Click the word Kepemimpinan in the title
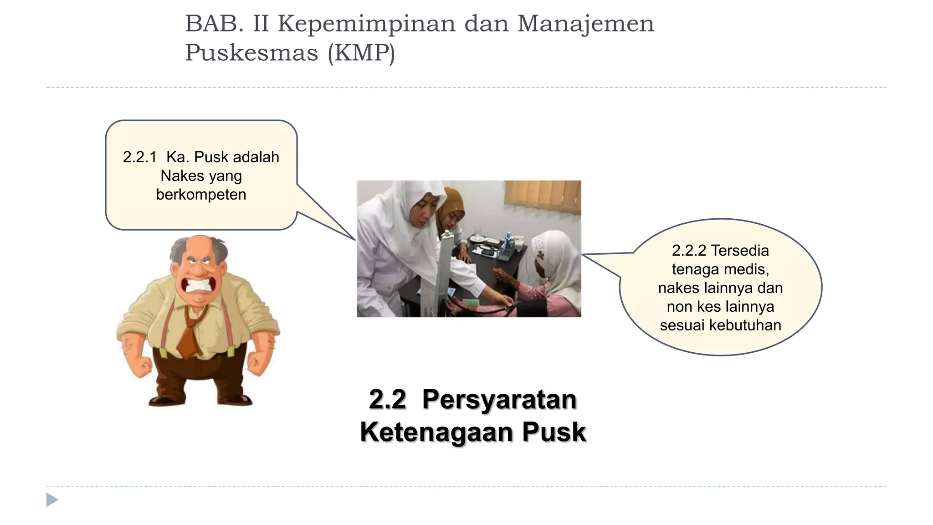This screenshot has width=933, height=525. (x=367, y=24)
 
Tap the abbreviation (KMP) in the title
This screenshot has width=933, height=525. (x=361, y=53)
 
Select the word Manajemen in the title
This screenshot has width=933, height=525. (x=586, y=24)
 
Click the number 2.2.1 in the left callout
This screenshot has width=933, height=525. (x=139, y=157)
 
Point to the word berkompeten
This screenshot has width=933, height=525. (x=201, y=195)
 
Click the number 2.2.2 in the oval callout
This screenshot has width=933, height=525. (x=689, y=251)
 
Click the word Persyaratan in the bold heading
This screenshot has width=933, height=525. (x=499, y=400)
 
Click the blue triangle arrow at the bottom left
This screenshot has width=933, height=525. (x=52, y=500)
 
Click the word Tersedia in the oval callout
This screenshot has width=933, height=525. (x=740, y=251)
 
